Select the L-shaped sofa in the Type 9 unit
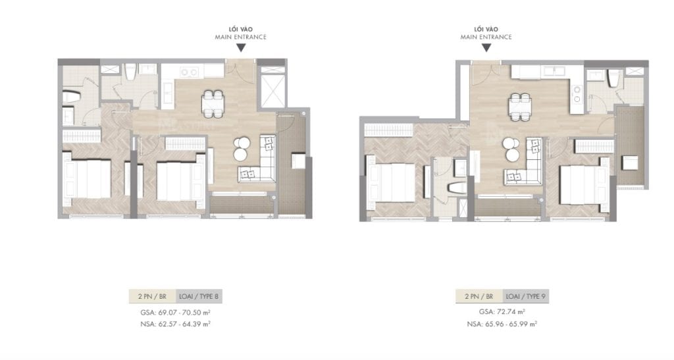[x=523, y=165]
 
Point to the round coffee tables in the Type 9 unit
[x=510, y=149]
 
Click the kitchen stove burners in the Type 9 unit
[x=577, y=93]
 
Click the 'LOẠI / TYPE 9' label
[x=525, y=296]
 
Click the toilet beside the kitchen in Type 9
[x=612, y=81]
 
